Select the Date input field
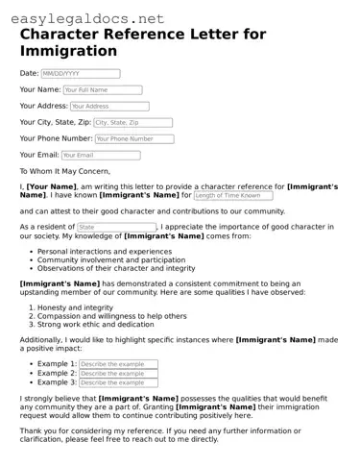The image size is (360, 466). tap(80, 73)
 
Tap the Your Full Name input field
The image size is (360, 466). tap(102, 90)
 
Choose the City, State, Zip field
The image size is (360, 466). tap(132, 123)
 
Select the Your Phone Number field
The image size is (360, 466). tap(134, 138)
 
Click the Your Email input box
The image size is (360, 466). tap(101, 155)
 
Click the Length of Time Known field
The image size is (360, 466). tap(231, 195)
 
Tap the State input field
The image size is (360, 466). tap(115, 227)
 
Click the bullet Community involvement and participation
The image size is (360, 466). tap(111, 259)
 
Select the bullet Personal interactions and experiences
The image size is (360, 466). tap(105, 251)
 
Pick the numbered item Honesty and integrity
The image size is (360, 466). tap(75, 307)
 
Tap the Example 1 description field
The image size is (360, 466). tap(117, 365)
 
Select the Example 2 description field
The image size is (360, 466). tap(117, 374)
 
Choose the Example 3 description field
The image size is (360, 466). tap(117, 382)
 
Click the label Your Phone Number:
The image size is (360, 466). tap(56, 138)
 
